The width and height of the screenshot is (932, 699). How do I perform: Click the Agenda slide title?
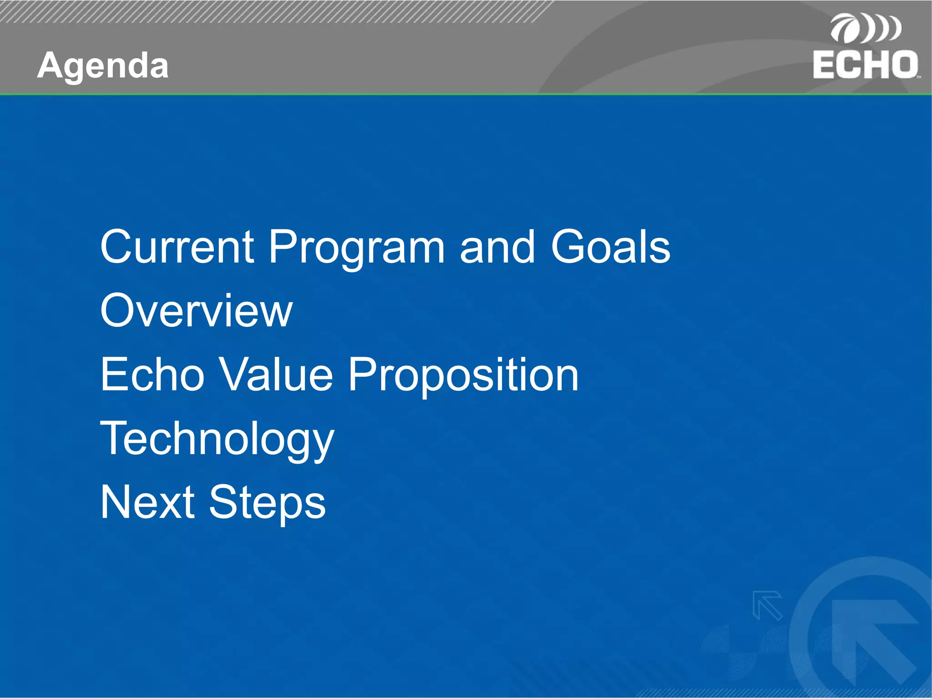(x=103, y=66)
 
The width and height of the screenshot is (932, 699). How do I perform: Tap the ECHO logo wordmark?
(x=865, y=65)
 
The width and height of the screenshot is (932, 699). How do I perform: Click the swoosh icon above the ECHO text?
(x=865, y=29)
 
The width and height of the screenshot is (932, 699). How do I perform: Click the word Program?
(x=356, y=247)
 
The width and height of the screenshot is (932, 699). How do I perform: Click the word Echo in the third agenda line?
(x=152, y=374)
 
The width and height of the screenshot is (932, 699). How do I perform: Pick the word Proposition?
(x=463, y=375)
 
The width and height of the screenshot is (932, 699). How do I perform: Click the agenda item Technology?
(x=217, y=439)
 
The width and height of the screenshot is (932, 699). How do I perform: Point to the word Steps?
(x=267, y=503)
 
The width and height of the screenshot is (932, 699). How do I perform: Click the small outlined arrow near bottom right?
(x=767, y=605)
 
